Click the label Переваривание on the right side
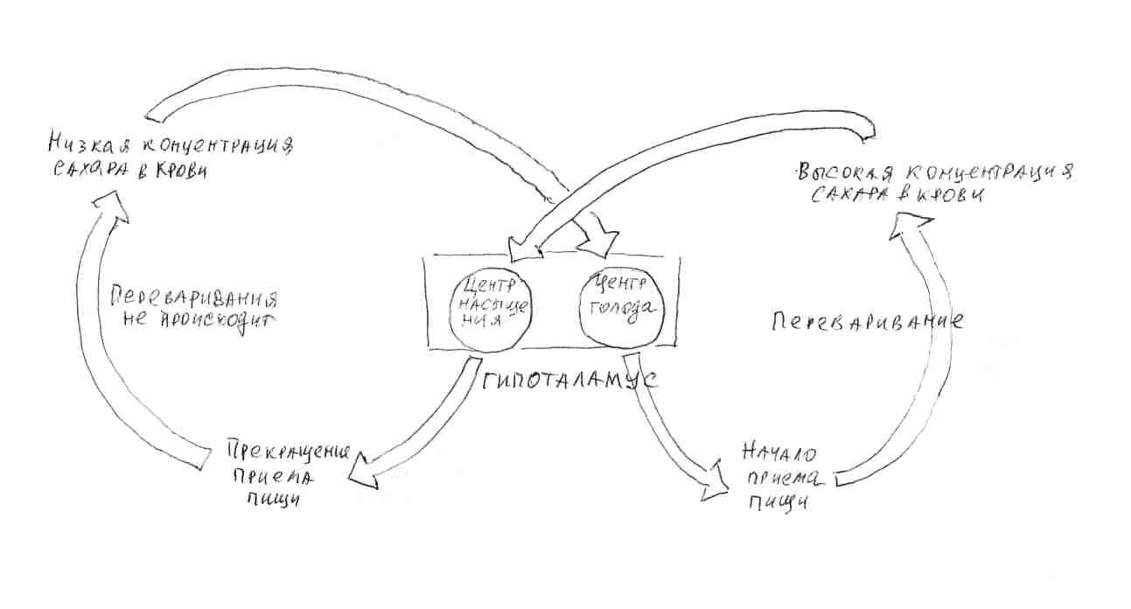coord(867,320)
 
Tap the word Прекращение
coord(288,453)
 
